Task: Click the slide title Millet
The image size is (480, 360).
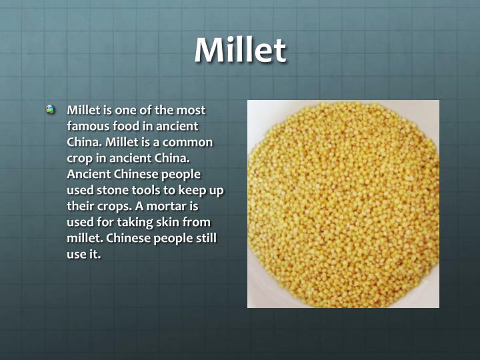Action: pyautogui.click(x=240, y=51)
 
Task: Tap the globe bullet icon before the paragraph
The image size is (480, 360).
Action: pyautogui.click(x=51, y=110)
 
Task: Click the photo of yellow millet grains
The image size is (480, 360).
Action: pyautogui.click(x=343, y=203)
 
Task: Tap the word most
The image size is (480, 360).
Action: pyautogui.click(x=191, y=110)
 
